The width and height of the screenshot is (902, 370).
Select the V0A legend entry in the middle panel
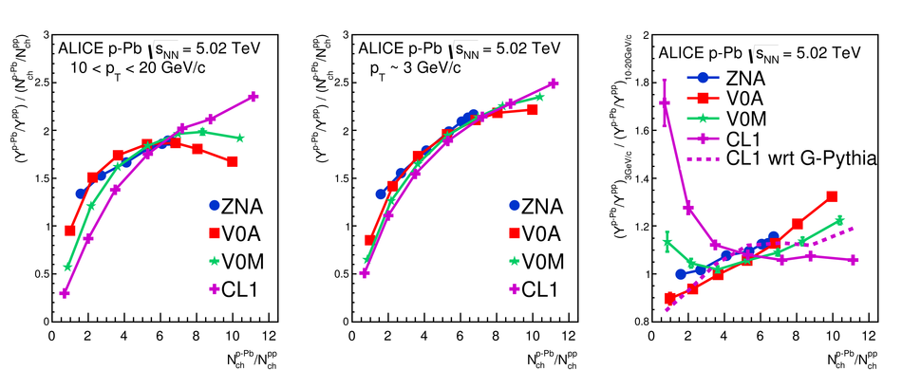535,233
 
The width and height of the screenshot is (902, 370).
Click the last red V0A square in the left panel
232,162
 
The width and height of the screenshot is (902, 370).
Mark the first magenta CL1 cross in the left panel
65,293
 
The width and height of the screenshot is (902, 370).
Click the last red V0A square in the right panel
831,196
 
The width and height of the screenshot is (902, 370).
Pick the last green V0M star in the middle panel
539,97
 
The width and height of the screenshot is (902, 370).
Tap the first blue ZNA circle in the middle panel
380,194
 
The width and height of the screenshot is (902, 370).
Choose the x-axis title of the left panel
253,360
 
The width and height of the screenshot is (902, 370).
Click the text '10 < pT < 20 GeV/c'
139,67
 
